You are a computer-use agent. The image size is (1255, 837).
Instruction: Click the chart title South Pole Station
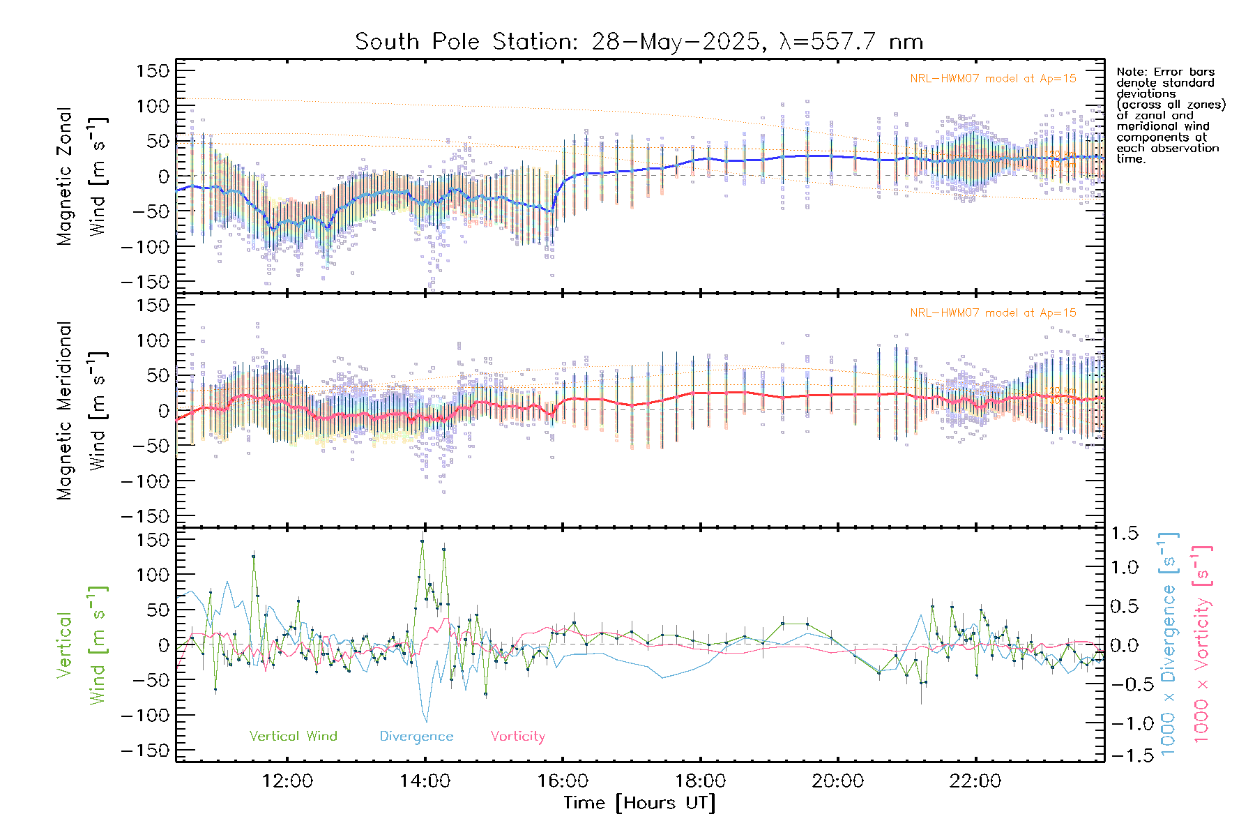coord(639,42)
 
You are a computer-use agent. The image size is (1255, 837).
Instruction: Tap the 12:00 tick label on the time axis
coord(287,781)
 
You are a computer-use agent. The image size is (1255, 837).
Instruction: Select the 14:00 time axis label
coord(425,781)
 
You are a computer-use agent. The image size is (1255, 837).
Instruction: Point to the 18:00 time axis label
coord(700,781)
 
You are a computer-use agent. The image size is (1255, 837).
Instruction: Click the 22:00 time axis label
coord(975,781)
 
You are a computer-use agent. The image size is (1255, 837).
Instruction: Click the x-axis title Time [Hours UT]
coord(639,803)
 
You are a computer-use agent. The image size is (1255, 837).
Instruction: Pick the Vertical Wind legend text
coord(293,737)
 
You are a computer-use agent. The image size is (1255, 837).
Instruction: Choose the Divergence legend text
coord(416,737)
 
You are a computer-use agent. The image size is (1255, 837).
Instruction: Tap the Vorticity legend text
coord(517,737)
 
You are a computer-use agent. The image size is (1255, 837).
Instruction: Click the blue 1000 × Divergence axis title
coord(1169,645)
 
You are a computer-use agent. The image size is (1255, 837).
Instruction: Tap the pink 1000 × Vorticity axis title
coord(1202,645)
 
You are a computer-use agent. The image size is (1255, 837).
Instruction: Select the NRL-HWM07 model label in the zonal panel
coord(993,79)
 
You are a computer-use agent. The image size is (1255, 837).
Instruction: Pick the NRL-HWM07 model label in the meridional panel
coord(993,313)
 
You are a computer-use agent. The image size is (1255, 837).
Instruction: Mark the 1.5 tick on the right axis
coord(1124,534)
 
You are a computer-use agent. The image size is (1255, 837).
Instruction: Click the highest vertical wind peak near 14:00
coord(422,541)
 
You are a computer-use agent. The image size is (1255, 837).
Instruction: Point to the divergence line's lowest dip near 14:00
coord(426,722)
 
